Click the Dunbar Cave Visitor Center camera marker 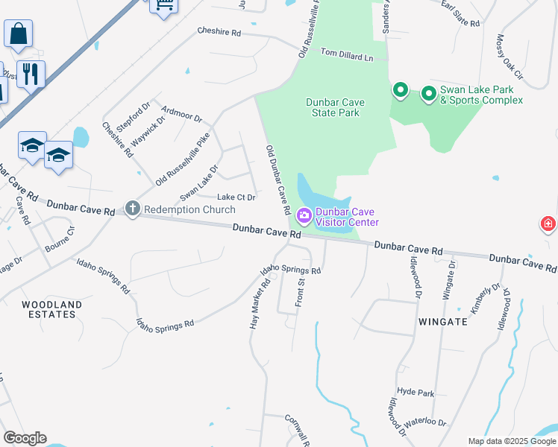pyautogui.click(x=304, y=217)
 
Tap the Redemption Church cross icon pyautogui.click(x=133, y=209)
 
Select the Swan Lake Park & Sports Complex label pyautogui.click(x=481, y=95)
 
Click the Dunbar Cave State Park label pyautogui.click(x=333, y=107)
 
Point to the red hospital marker pyautogui.click(x=548, y=223)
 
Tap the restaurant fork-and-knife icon pyautogui.click(x=31, y=74)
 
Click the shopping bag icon pyautogui.click(x=18, y=34)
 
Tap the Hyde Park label pyautogui.click(x=416, y=392)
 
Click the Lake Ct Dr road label pyautogui.click(x=236, y=197)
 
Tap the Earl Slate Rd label pyautogui.click(x=460, y=16)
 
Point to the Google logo pyautogui.click(x=25, y=438)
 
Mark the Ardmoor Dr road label pyautogui.click(x=181, y=113)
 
